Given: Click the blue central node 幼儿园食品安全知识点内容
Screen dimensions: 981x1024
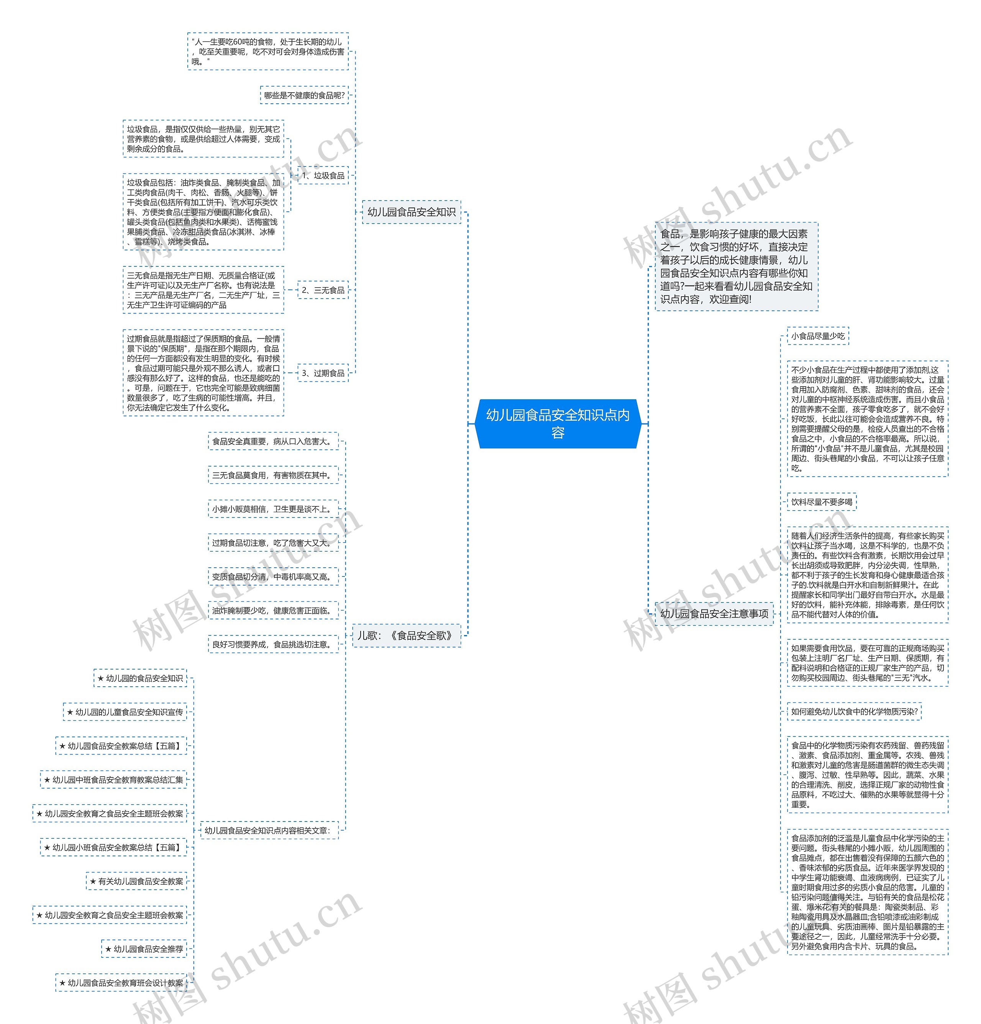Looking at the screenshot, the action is tap(558, 424).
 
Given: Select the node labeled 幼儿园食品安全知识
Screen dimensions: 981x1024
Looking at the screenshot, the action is tap(412, 212).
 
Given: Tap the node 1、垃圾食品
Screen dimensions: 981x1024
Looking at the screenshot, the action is tap(323, 176).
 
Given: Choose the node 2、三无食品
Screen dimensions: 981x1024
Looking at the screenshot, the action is tap(323, 290).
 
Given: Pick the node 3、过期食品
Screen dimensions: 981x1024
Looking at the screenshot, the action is tap(323, 373).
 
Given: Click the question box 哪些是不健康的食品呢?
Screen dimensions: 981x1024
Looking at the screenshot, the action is tap(304, 96).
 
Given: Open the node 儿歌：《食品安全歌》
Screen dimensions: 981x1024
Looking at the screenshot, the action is tap(406, 635).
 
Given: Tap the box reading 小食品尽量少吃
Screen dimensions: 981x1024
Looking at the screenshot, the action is tap(818, 336).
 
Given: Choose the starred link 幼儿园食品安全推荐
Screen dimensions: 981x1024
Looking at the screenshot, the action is tap(144, 949).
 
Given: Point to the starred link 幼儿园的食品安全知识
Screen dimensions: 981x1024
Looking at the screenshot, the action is tap(140, 678).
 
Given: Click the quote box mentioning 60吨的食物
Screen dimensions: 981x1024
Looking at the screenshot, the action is tap(268, 52).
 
